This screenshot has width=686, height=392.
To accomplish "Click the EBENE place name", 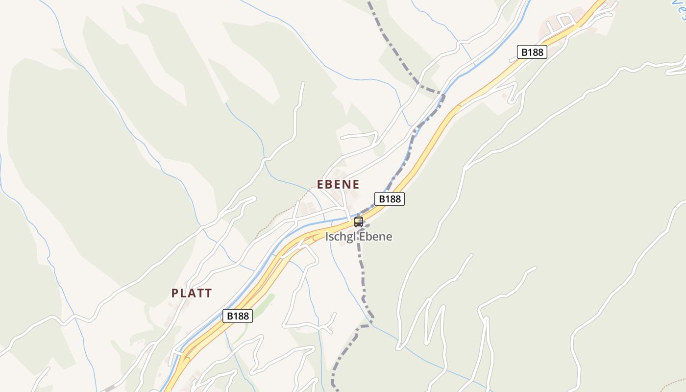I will [x=338, y=185].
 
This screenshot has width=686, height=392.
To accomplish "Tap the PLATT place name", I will [x=192, y=294].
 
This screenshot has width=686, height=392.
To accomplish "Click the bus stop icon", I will [x=359, y=221].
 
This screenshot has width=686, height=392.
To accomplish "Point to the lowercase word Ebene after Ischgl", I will [x=376, y=237].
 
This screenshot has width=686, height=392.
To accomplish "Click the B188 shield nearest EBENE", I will [x=390, y=198].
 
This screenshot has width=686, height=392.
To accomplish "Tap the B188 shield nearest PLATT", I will [x=238, y=316].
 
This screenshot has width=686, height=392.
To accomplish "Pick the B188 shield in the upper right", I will [x=532, y=52].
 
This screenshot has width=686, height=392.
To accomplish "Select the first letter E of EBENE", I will [x=320, y=185].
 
